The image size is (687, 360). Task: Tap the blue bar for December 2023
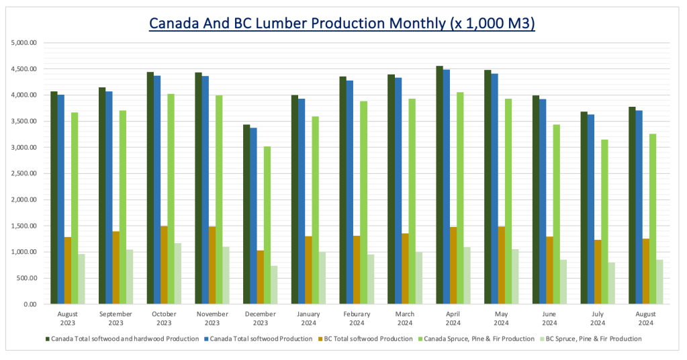[253, 216]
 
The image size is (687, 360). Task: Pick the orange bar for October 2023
[164, 265]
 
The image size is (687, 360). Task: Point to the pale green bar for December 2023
[274, 285]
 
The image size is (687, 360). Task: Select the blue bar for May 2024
[494, 189]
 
